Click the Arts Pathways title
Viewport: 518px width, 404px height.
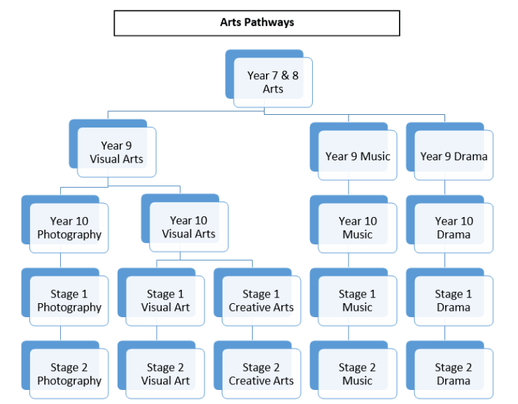coord(257,22)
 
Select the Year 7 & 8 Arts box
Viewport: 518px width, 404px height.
coord(273,82)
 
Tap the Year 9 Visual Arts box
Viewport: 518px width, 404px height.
coord(116,152)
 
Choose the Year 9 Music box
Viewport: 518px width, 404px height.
coord(358,156)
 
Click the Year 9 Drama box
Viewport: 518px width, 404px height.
coord(454,156)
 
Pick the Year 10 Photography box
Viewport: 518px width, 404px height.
coord(69,228)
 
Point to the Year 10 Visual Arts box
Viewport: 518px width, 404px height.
coord(188,227)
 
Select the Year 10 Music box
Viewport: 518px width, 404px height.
coord(358,228)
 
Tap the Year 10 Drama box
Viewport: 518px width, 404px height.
coord(454,228)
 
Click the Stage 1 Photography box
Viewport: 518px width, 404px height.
coord(69,300)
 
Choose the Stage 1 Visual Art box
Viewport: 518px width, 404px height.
coord(165,300)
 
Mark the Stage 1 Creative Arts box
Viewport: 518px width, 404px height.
coord(261,300)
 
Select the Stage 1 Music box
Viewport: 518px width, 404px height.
coord(358,300)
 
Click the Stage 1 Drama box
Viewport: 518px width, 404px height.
coord(454,300)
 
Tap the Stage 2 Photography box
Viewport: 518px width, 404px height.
coord(69,374)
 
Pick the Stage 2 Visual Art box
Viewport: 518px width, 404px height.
coord(165,374)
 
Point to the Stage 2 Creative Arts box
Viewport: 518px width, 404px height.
coord(261,374)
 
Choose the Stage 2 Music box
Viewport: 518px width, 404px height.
coord(358,374)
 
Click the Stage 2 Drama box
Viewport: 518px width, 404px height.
coord(454,374)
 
